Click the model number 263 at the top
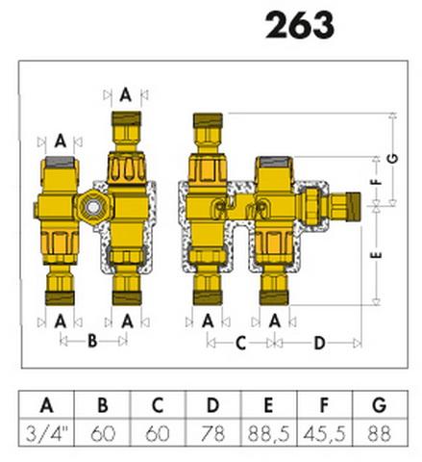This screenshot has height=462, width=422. [300, 25]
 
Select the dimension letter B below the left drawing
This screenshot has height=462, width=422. [92, 341]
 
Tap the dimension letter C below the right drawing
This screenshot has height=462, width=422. [240, 343]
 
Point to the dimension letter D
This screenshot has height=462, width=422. [319, 343]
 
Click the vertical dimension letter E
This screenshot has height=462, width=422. [377, 255]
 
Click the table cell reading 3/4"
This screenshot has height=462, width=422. [47, 433]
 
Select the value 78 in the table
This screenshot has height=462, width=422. [212, 433]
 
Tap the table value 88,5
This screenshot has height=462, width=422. [268, 433]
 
